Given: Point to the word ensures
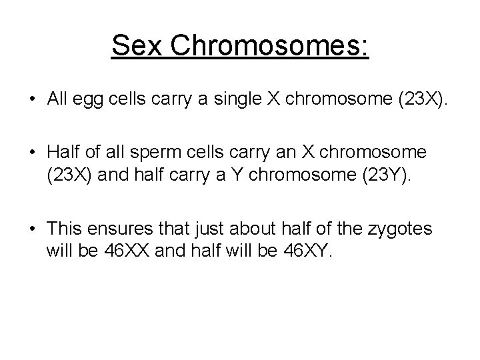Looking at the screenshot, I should click(x=123, y=229).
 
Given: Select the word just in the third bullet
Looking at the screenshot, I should click(x=208, y=229).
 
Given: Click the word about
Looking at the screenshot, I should click(x=250, y=229).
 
